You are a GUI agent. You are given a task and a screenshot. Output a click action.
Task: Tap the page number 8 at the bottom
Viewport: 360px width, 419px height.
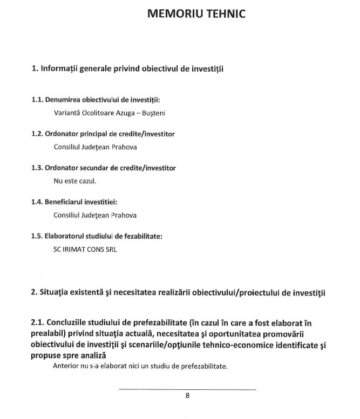(x=187, y=395)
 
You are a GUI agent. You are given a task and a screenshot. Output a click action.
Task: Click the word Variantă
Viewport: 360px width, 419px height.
(x=67, y=114)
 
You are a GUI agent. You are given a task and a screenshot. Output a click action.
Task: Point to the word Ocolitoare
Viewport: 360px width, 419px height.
(x=101, y=114)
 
